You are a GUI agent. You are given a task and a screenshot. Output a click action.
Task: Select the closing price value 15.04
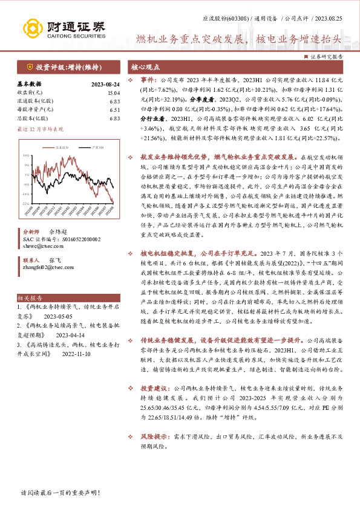(114, 93)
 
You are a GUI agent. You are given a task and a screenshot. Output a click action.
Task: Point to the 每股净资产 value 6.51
(115, 110)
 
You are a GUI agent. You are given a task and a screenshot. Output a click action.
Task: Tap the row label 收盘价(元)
(28, 93)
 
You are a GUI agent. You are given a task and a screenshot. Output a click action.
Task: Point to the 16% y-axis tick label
(25, 155)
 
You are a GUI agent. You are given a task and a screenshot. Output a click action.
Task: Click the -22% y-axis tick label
(25, 203)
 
